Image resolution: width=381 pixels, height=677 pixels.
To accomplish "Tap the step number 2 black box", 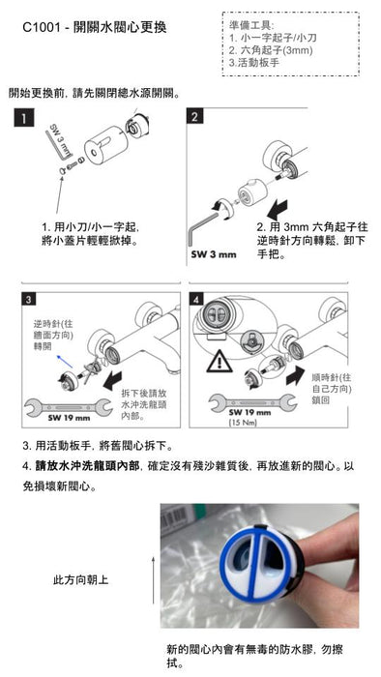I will (195, 118).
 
